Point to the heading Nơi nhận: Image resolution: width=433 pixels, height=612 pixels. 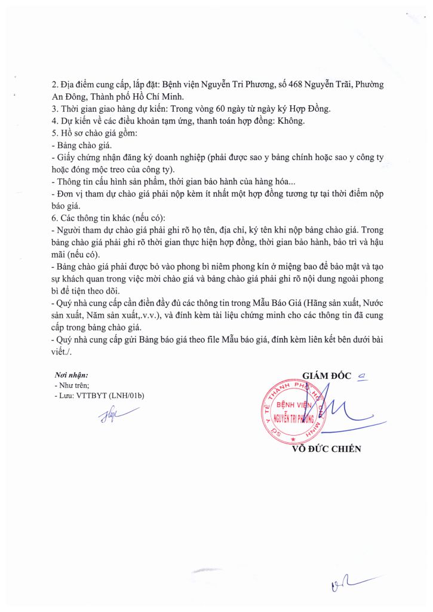point(71,375)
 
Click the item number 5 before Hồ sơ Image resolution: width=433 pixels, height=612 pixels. point(54,132)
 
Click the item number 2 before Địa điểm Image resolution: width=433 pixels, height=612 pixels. point(54,85)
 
